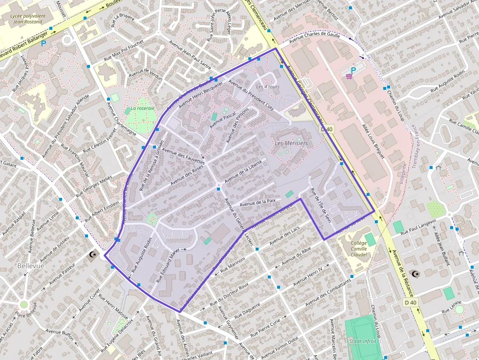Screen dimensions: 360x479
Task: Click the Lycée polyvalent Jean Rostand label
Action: pos(28,19)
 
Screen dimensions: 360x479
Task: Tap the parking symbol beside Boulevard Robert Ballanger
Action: pos(44,43)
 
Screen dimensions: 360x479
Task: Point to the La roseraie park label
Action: pos(142,108)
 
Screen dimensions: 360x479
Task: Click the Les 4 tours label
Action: pos(268,87)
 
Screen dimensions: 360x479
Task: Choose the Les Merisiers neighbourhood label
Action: pos(291,143)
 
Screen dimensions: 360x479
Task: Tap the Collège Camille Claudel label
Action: pos(359,249)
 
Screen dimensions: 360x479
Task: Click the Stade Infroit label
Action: pos(363,341)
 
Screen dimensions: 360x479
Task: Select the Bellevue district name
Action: pos(30,266)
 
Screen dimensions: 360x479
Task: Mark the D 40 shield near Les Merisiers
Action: pos(327,129)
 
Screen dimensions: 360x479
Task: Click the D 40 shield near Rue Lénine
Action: pos(411,302)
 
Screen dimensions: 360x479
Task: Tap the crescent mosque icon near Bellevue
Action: pos(92,254)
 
